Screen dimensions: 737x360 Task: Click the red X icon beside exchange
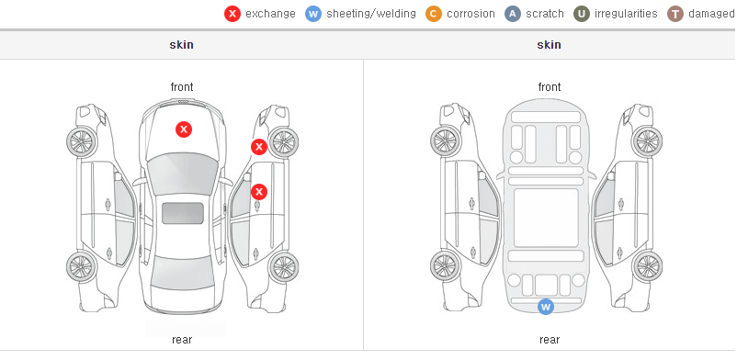[x=232, y=14]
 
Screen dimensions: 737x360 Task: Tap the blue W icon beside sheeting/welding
[x=313, y=14]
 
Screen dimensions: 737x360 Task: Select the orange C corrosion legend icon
[x=434, y=14]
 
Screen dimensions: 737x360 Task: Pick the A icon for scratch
[x=513, y=14]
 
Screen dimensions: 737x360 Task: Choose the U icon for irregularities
[x=582, y=14]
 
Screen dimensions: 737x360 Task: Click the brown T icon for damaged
[x=675, y=14]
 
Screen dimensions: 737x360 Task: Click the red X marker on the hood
[x=184, y=129]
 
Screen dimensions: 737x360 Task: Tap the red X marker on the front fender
[x=258, y=147]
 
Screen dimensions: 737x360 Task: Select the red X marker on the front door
[x=259, y=192]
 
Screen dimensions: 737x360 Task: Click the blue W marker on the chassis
[x=545, y=307]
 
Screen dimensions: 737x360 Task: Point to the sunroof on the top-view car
[x=183, y=213]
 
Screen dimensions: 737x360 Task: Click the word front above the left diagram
[x=182, y=87]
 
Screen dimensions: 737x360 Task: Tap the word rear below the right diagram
[x=550, y=340]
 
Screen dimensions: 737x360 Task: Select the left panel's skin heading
[x=181, y=45]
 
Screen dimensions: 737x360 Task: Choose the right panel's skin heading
[x=549, y=45]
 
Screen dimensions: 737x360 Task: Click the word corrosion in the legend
[x=471, y=14]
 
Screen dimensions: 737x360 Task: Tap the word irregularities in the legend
[x=626, y=14]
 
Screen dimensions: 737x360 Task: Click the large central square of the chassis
[x=546, y=218]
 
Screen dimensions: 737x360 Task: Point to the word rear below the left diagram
[x=182, y=340]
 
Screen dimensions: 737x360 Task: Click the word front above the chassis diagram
[x=550, y=87]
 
